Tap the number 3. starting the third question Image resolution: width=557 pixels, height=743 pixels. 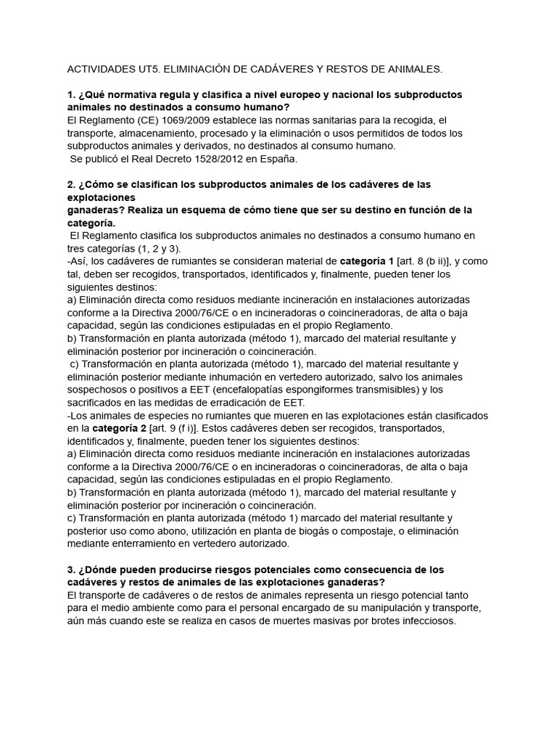point(71,570)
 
